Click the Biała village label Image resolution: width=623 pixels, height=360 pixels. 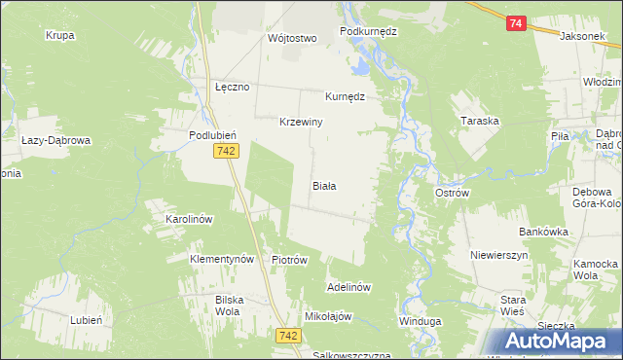(324, 185)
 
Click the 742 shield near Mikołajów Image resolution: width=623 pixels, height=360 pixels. (287, 335)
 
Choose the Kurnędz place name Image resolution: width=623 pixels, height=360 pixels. (345, 97)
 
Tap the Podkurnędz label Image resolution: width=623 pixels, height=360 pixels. (369, 31)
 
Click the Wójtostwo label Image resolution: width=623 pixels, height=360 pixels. (293, 39)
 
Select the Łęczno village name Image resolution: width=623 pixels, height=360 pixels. (233, 87)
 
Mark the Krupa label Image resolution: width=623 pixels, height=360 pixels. (60, 35)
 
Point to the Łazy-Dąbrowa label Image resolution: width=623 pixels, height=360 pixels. (55, 140)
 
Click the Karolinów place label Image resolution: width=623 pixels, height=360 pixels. (189, 220)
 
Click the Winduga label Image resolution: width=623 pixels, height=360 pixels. (420, 321)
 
